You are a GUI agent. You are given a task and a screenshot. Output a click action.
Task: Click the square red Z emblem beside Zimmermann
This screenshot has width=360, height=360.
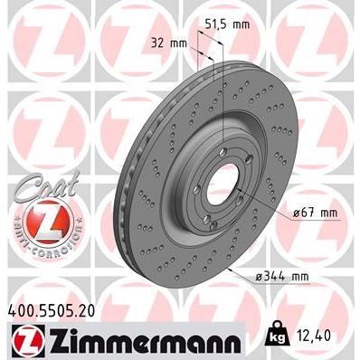click(20, 342)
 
